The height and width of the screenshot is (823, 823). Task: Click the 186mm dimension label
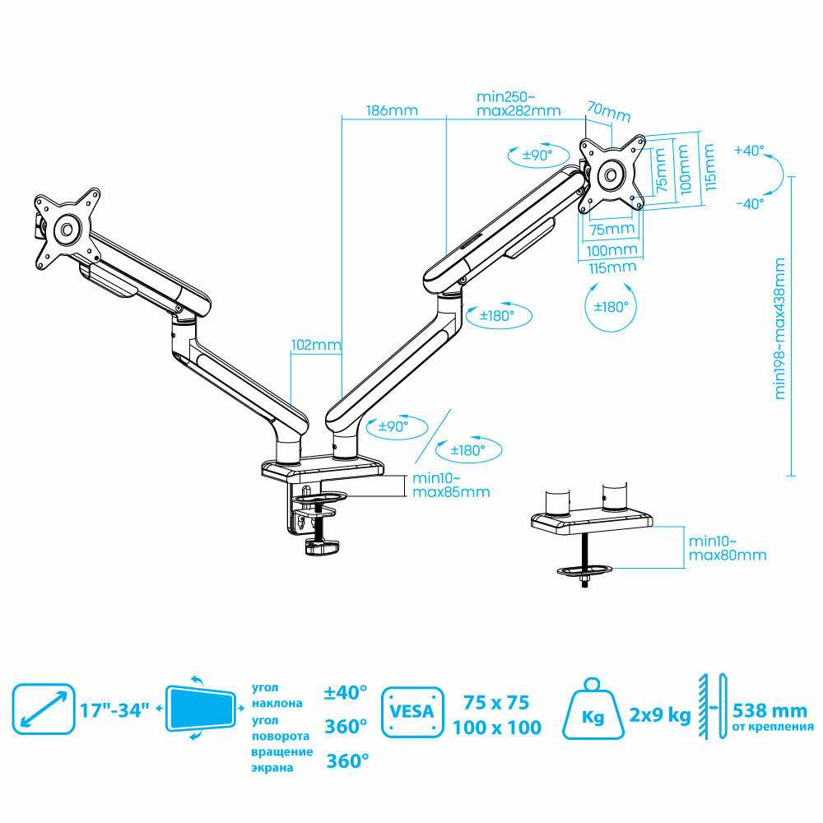point(392,110)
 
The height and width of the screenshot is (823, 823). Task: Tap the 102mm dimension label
point(314,346)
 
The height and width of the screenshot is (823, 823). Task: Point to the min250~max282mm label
point(518,104)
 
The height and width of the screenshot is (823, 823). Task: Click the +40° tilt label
point(750,151)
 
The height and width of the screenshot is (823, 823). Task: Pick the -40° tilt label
point(750,202)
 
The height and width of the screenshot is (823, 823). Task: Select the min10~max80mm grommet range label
point(727,548)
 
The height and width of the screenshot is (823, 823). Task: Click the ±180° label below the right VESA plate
point(611,305)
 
